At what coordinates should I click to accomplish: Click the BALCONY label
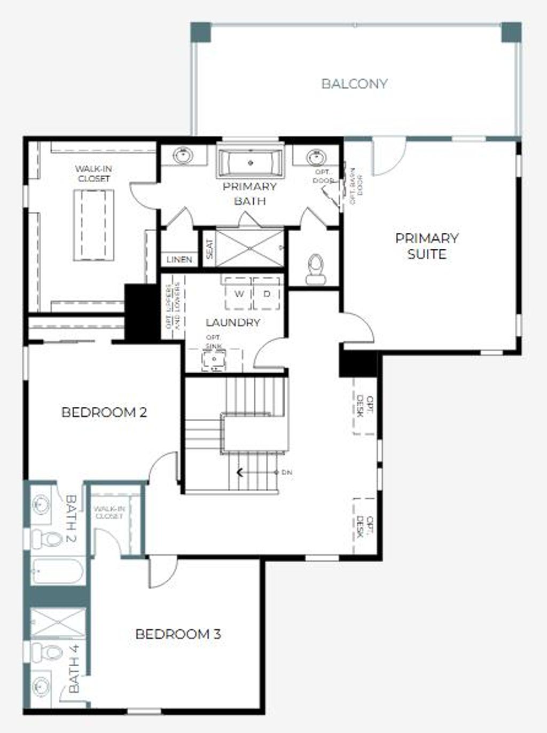pyautogui.click(x=354, y=84)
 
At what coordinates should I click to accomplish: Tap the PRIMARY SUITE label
pyautogui.click(x=427, y=246)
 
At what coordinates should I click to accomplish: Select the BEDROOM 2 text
pyautogui.click(x=104, y=412)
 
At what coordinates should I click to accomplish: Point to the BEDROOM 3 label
pyautogui.click(x=178, y=634)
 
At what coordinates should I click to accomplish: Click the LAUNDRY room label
pyautogui.click(x=233, y=322)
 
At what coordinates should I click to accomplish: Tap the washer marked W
pyautogui.click(x=239, y=294)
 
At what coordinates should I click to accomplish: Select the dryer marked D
pyautogui.click(x=267, y=294)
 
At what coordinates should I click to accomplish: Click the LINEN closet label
pyautogui.click(x=179, y=259)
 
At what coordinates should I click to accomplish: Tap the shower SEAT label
pyautogui.click(x=209, y=248)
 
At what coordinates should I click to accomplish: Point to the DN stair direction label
pyautogui.click(x=287, y=472)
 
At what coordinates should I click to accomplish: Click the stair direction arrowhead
pyautogui.click(x=240, y=472)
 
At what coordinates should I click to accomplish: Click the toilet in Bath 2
pyautogui.click(x=46, y=539)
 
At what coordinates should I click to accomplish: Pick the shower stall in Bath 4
pyautogui.click(x=57, y=622)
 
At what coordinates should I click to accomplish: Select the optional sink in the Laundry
pyautogui.click(x=214, y=360)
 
